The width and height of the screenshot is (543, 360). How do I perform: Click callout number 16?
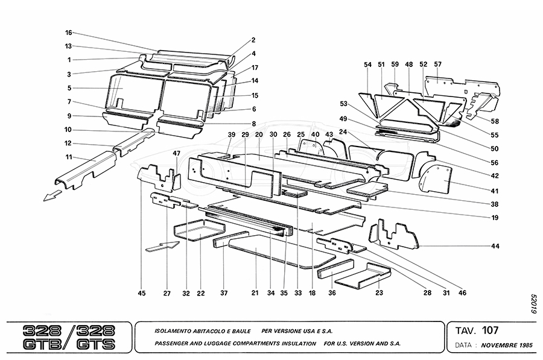[x=69, y=32]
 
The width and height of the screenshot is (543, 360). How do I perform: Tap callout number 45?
[x=142, y=294]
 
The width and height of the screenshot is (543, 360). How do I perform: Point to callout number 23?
[x=379, y=294]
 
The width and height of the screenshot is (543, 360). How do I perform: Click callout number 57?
[x=437, y=64]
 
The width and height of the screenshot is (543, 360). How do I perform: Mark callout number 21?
[x=255, y=294]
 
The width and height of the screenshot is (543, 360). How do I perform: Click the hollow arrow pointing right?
[x=162, y=245]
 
